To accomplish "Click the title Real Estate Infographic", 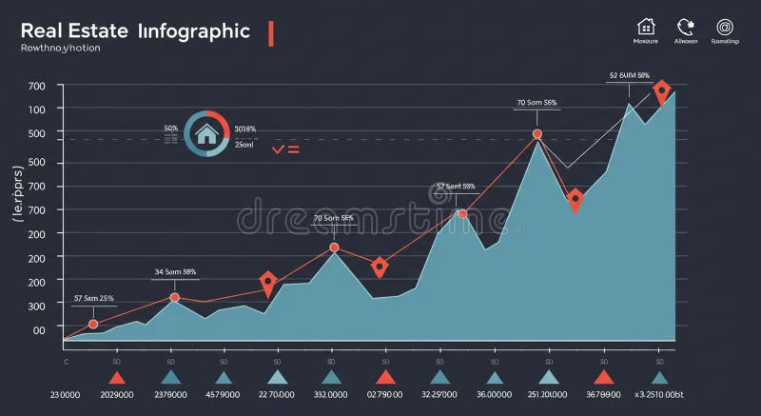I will pyautogui.click(x=134, y=30).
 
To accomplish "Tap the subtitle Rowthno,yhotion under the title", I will pyautogui.click(x=61, y=48).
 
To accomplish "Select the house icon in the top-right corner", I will pyautogui.click(x=646, y=27).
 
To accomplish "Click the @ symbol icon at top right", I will pyautogui.click(x=726, y=27).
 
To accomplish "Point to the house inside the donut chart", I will pyautogui.click(x=205, y=134).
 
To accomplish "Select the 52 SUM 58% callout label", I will pyautogui.click(x=629, y=75).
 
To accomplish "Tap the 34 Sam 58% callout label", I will pyautogui.click(x=175, y=271).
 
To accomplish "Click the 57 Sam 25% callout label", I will pyautogui.click(x=93, y=298).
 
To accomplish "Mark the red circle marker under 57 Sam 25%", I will pyautogui.click(x=93, y=325).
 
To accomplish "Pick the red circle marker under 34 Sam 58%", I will pyautogui.click(x=174, y=298).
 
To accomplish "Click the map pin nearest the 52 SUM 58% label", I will pyautogui.click(x=661, y=92).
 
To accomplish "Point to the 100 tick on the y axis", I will pyautogui.click(x=37, y=109).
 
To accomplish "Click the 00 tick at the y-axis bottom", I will pyautogui.click(x=39, y=329).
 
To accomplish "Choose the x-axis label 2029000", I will pyautogui.click(x=115, y=394).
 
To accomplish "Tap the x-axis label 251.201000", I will pyautogui.click(x=547, y=394).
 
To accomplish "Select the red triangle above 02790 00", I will pyautogui.click(x=385, y=378).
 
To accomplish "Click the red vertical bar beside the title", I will pyautogui.click(x=271, y=32).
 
